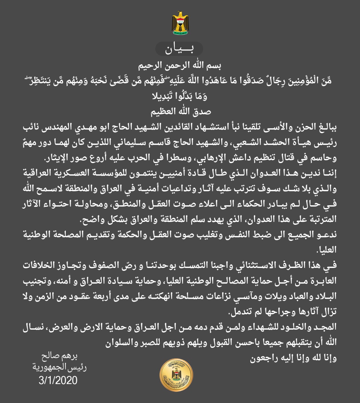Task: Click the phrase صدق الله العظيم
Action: (x=180, y=111)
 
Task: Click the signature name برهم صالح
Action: (x=60, y=356)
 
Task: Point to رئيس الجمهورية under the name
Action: (x=60, y=367)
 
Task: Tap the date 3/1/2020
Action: (x=58, y=380)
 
